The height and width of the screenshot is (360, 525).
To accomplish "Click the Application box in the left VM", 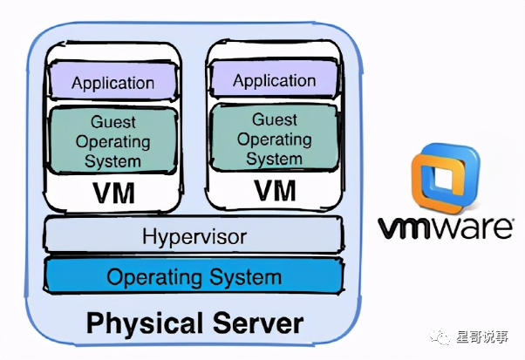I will tap(112, 84).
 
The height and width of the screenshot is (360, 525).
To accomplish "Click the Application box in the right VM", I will tap(274, 81).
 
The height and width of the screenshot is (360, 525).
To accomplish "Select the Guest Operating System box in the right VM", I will tap(274, 139).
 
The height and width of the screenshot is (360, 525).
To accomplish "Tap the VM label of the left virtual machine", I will tap(112, 192).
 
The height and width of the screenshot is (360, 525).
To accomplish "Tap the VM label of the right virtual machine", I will tap(275, 189).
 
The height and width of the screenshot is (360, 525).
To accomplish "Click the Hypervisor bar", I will tap(194, 236).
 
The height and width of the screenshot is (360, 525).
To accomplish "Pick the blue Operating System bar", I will tap(194, 277).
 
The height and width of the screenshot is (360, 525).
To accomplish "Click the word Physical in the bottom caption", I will tap(145, 323).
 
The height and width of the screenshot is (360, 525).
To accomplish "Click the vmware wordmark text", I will tap(445, 228).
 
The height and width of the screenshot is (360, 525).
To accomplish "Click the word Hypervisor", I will tap(194, 236).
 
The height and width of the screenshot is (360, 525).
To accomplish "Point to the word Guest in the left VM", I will tap(113, 121).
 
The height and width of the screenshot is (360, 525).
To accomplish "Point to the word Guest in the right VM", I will tap(275, 120).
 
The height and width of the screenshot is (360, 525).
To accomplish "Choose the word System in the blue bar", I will tap(251, 277).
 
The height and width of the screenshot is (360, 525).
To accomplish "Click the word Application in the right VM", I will tap(274, 81).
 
